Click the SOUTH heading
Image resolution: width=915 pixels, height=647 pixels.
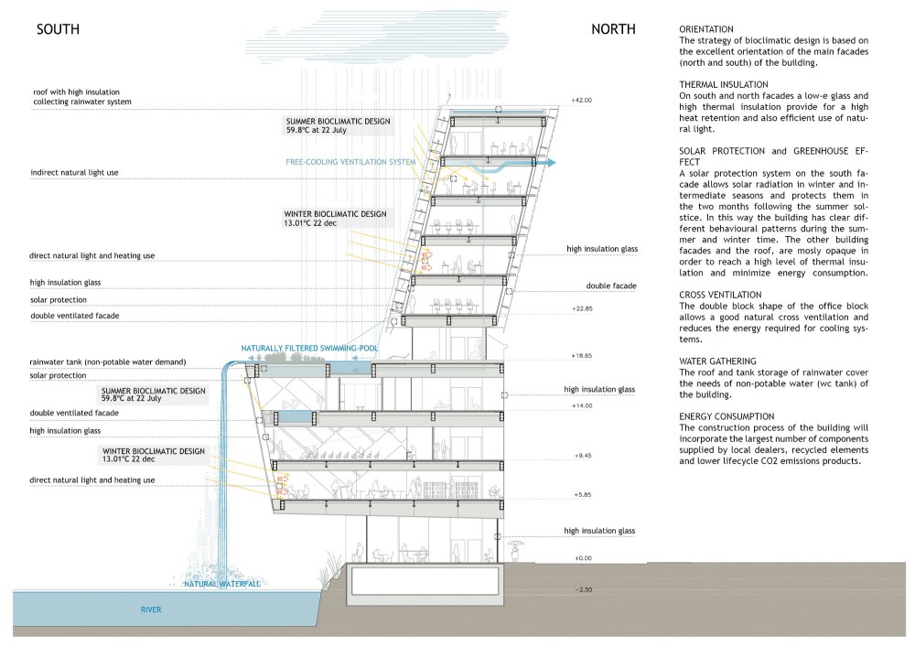58,29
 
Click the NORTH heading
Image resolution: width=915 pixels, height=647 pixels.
613,29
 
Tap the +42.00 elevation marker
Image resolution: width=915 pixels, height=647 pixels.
581,101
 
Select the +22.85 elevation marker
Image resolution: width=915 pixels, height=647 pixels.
582,308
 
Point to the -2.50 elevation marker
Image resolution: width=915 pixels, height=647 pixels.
584,590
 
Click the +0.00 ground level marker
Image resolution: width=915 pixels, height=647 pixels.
582,558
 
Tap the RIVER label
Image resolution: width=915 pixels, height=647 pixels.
151,609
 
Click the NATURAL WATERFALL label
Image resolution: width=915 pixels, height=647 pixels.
222,584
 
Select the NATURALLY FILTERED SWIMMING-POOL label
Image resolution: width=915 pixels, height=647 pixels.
309,349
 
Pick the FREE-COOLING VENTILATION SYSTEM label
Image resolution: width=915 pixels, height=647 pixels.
350,162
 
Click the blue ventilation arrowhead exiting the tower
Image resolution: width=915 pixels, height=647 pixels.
550,164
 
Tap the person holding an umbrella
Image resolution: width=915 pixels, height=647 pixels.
515,550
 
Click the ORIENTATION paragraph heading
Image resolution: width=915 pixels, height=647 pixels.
706,29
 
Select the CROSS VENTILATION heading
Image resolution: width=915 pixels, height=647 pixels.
720,295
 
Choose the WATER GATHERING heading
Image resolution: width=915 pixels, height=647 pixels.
717,361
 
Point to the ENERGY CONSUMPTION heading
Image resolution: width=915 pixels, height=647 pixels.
727,416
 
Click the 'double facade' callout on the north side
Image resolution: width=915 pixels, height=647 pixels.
611,286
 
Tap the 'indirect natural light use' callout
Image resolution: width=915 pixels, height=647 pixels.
74,173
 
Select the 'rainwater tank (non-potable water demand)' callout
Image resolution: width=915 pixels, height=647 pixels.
108,361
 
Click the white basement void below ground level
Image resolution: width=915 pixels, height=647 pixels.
425,580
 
